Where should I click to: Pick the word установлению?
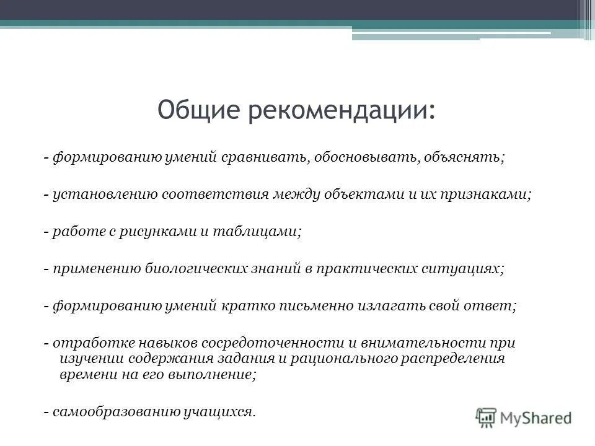[106, 194]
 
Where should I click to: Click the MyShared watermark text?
[535, 418]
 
